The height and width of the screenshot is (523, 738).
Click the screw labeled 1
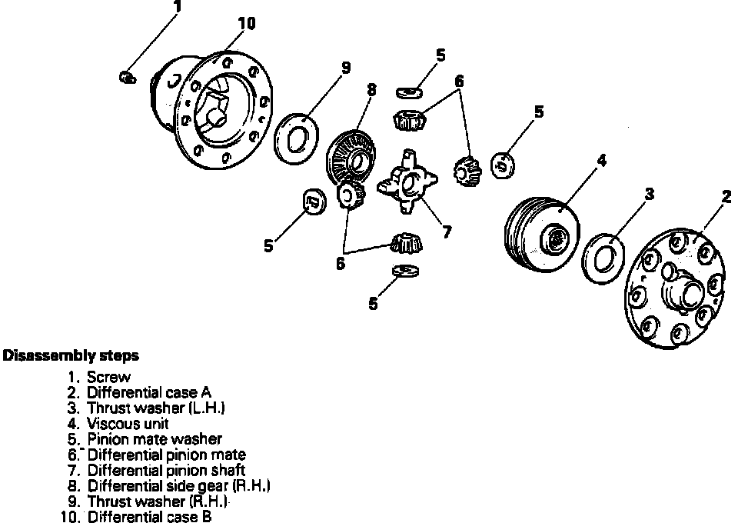(x=128, y=76)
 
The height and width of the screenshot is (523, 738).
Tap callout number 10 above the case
(x=246, y=24)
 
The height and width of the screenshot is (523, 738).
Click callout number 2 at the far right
(x=726, y=197)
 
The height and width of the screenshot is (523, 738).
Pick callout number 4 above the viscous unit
(x=603, y=161)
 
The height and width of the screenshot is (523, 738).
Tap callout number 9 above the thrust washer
(x=346, y=68)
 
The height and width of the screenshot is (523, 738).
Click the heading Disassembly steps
(x=71, y=356)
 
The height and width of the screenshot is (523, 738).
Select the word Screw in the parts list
(x=108, y=378)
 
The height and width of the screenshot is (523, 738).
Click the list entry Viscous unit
(x=128, y=424)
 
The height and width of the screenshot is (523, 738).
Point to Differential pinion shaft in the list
(x=166, y=470)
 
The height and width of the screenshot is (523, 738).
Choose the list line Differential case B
(x=149, y=517)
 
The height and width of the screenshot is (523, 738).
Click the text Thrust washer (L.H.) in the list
(x=156, y=408)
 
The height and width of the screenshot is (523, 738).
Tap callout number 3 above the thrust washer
(x=650, y=195)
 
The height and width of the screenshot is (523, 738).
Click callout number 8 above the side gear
(x=372, y=90)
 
